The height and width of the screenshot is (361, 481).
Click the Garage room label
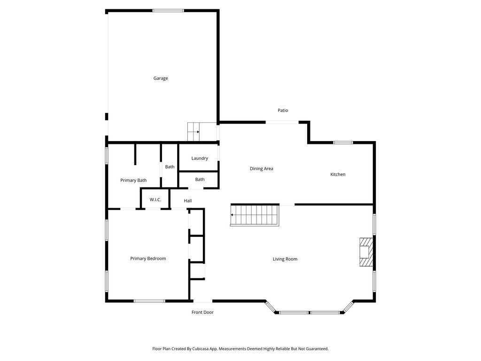click(x=161, y=78)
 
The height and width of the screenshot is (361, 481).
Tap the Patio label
click(x=283, y=110)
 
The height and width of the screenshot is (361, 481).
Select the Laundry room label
click(x=200, y=158)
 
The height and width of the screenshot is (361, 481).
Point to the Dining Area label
click(x=262, y=169)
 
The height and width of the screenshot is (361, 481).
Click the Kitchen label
click(x=338, y=174)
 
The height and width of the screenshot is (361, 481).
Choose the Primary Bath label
click(x=133, y=180)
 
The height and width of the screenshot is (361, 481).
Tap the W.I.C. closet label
click(x=155, y=200)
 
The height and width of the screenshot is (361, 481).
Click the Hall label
click(x=188, y=201)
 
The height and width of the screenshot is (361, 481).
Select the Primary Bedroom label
click(x=148, y=259)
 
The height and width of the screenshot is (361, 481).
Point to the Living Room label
click(x=285, y=259)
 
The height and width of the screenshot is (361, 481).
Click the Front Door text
click(x=202, y=312)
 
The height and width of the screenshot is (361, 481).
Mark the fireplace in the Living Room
click(x=366, y=252)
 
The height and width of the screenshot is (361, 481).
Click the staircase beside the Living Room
click(x=255, y=215)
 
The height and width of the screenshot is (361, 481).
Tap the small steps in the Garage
click(x=194, y=132)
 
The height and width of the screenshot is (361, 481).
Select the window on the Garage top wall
click(x=168, y=10)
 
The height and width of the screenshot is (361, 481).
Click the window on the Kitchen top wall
click(x=343, y=142)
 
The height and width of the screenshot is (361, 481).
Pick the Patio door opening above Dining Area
click(x=282, y=122)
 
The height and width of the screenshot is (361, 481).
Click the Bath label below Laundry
click(x=200, y=180)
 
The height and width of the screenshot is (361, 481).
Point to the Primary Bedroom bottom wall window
click(x=149, y=301)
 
